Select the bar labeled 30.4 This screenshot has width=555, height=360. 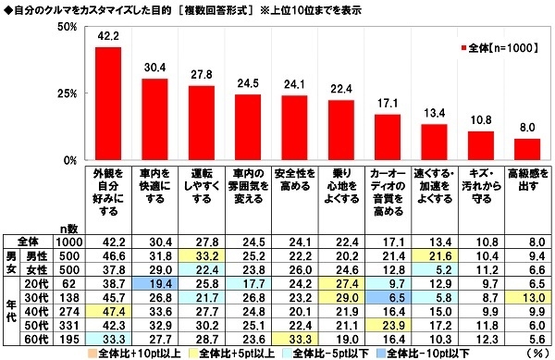pos(154,119)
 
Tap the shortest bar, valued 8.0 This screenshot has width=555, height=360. pos(526,150)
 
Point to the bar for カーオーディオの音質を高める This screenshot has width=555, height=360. pos(387,138)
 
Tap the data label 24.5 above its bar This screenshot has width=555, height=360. pos(247,81)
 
